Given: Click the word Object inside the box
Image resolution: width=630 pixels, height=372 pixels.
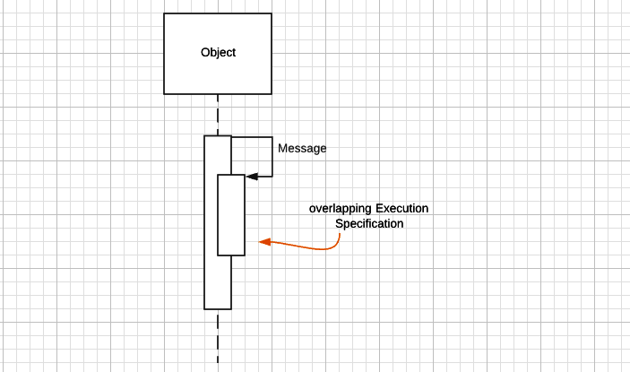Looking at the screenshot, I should click(218, 53).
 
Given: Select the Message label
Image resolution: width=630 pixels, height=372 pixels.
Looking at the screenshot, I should click(302, 149).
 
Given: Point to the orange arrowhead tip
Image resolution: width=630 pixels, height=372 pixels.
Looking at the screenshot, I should click(260, 241).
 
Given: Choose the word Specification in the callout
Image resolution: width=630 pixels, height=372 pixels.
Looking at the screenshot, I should click(369, 224).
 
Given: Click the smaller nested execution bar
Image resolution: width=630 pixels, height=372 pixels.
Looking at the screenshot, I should click(231, 215).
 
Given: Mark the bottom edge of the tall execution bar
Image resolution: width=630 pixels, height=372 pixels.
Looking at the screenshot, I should click(218, 308).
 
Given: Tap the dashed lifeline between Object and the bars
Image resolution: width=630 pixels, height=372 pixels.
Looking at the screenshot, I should click(218, 115).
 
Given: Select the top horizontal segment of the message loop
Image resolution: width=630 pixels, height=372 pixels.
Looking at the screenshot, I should click(252, 137).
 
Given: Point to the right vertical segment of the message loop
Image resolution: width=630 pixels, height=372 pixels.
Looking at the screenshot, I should click(272, 157).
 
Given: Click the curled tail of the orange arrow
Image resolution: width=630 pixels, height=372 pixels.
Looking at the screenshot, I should click(337, 240).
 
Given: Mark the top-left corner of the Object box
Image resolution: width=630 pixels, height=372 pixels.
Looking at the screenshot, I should click(164, 13).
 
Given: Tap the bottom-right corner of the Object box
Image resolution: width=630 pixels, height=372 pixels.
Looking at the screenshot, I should click(272, 93).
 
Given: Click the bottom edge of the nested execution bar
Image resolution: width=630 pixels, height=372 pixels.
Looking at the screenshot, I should click(231, 255).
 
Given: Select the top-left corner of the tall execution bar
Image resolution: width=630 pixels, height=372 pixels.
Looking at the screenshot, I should click(204, 135).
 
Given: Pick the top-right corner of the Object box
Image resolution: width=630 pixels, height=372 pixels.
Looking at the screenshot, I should click(272, 13).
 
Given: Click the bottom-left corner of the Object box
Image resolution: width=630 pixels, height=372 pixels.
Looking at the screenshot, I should click(164, 93).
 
